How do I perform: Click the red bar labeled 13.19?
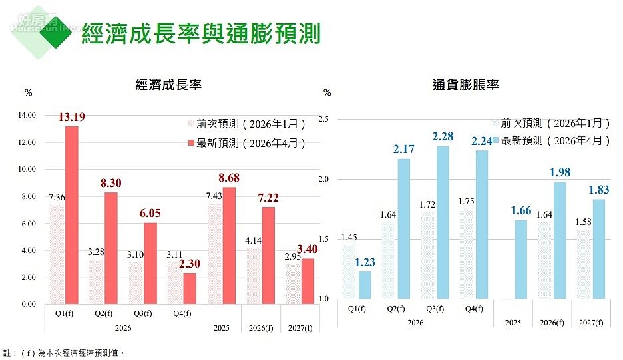click(71, 215)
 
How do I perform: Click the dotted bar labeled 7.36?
click(57, 254)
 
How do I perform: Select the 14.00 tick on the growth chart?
click(27, 116)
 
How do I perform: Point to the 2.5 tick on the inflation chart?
click(323, 119)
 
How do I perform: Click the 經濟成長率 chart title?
click(168, 85)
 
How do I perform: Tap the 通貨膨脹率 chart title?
click(465, 85)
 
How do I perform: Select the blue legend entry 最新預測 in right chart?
click(552, 140)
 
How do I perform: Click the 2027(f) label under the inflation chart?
click(592, 323)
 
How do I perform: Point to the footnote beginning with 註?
click(64, 353)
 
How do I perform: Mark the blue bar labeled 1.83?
click(600, 249)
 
